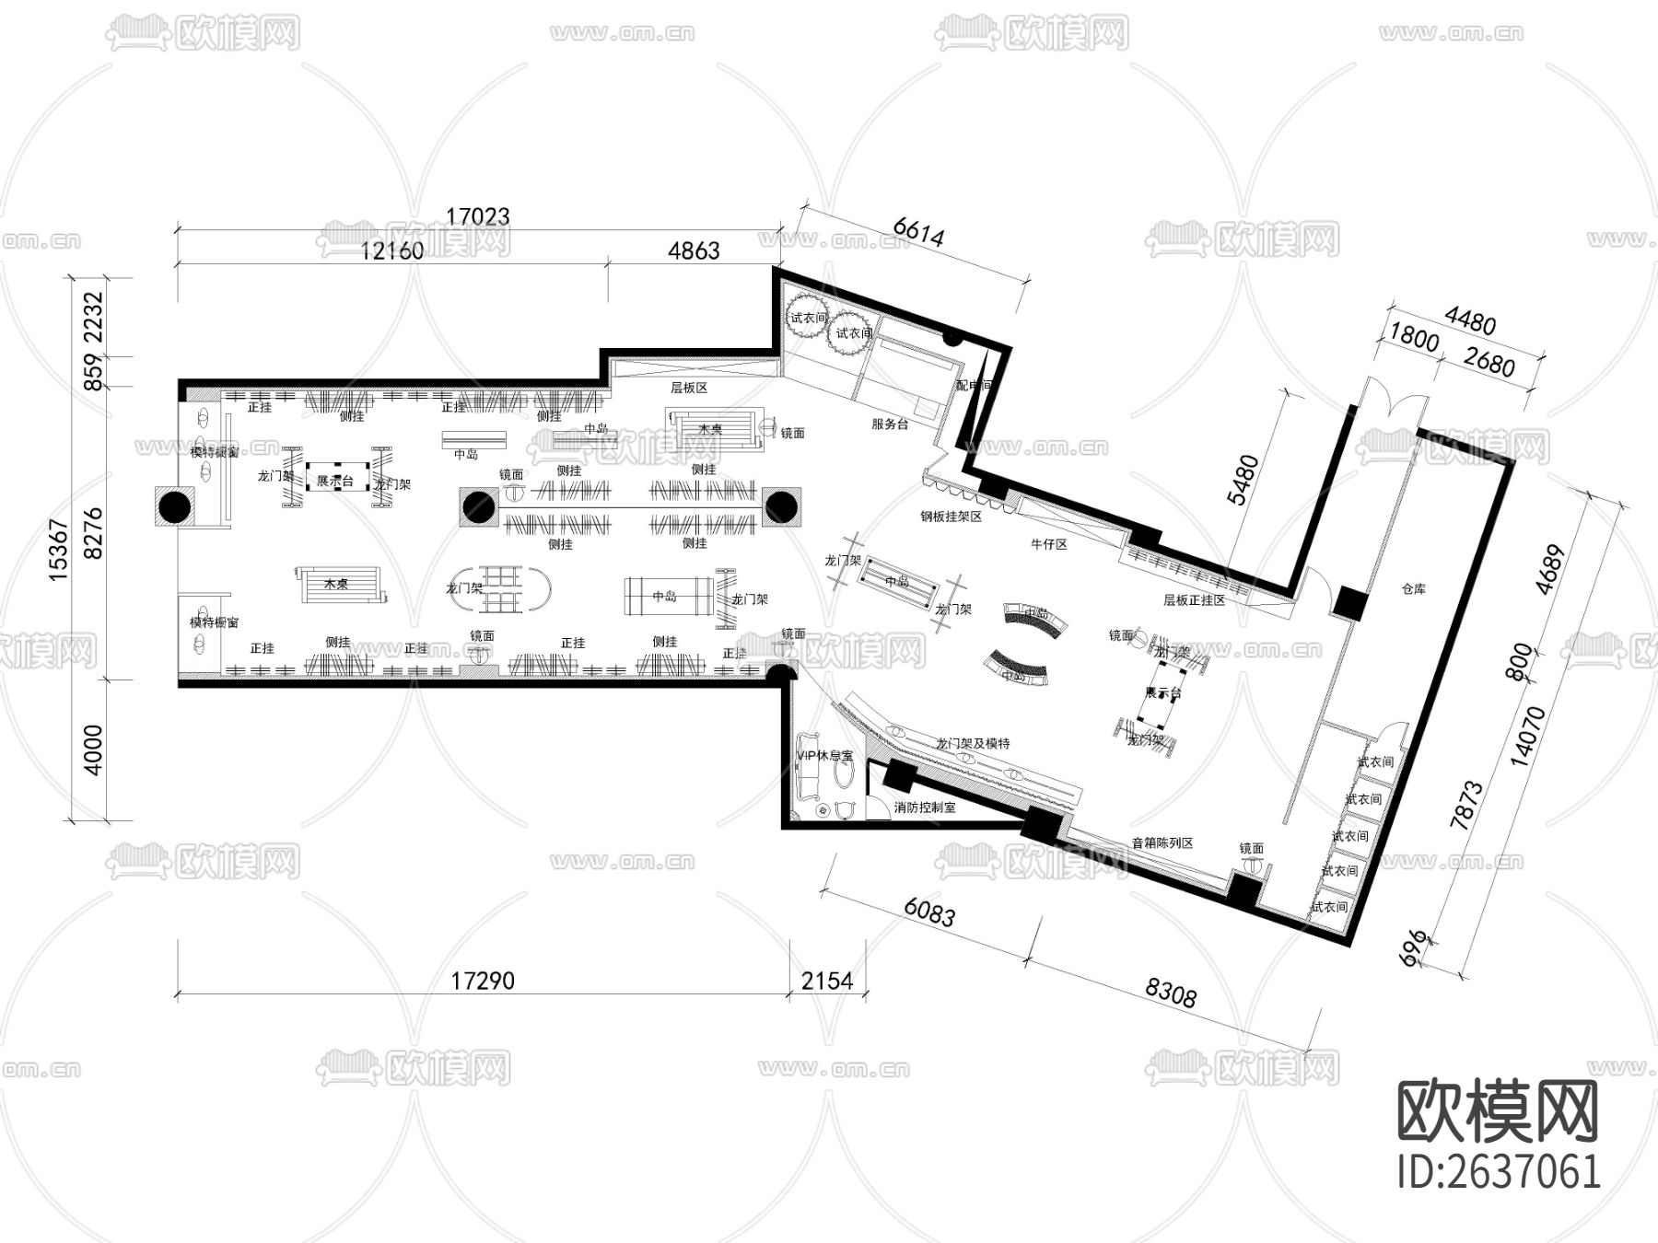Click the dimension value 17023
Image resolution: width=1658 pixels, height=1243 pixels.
click(477, 217)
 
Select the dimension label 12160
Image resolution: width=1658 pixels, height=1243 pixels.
click(392, 250)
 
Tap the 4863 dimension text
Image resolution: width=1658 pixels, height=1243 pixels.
click(693, 250)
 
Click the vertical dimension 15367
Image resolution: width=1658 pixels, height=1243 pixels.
click(58, 550)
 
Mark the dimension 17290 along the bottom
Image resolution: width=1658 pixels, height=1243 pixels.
click(483, 982)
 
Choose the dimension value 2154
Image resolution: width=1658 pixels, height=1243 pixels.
click(827, 982)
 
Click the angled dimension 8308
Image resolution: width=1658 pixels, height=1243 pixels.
click(1171, 993)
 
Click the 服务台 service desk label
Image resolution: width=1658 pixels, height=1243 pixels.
click(890, 424)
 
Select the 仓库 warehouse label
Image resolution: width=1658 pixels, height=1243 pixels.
click(1413, 589)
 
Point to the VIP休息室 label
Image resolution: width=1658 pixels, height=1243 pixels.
click(824, 756)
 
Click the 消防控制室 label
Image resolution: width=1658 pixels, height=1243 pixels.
click(925, 807)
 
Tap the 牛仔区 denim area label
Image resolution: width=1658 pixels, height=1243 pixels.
click(1048, 545)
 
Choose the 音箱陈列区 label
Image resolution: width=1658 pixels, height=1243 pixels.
click(1162, 843)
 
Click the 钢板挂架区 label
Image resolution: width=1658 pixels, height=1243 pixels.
click(951, 517)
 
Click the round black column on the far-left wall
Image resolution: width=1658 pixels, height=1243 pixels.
click(176, 505)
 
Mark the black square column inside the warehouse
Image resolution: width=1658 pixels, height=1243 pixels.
click(1349, 602)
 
